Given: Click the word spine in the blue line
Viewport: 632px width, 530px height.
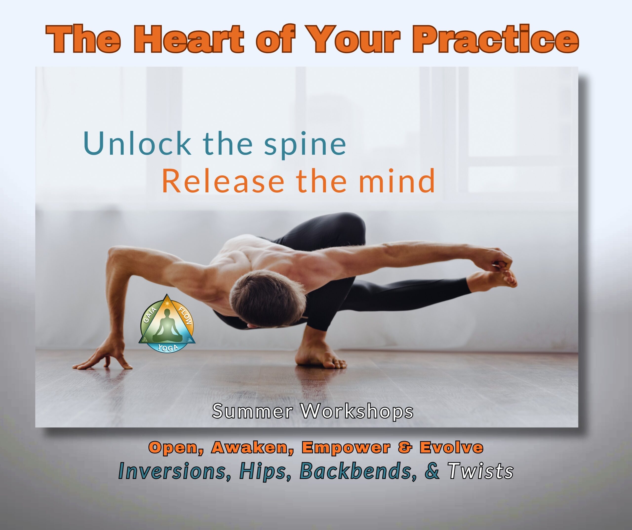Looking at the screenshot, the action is (305, 146).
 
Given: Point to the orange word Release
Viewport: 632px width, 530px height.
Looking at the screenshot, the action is (223, 181).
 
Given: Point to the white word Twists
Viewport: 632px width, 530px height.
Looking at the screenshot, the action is (480, 471).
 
